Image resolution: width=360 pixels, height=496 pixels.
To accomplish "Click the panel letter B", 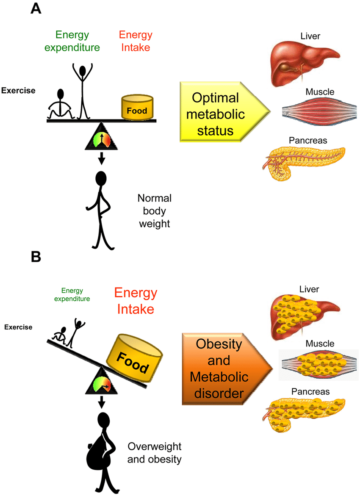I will coord(36,257).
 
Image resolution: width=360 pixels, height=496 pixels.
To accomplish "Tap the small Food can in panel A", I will coord(138,108).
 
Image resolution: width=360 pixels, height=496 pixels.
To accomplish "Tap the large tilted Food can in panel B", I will coord(133,357).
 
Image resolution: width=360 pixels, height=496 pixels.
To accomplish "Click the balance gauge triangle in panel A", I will coord(101,138).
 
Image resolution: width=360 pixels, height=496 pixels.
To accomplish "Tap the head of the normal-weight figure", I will coord(101,178).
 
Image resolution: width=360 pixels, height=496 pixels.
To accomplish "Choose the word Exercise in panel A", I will coord(18,90).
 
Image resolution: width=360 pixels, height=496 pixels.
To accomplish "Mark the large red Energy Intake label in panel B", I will coord(135,301).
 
